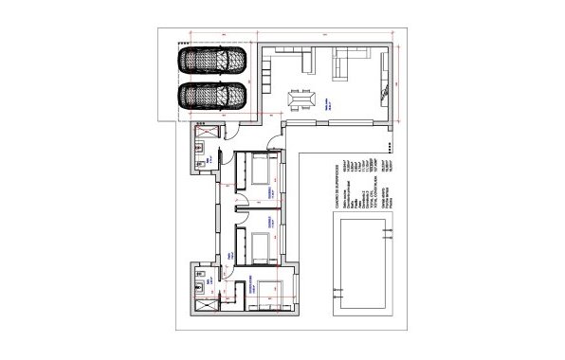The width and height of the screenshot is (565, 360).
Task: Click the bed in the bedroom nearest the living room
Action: coord(262,171)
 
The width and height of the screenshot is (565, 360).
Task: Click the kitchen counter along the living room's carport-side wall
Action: coord(266,70)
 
